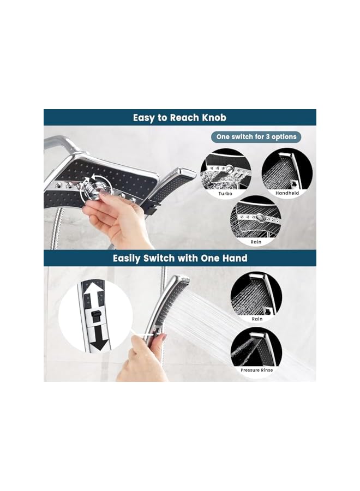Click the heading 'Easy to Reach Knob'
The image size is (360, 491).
(x=180, y=117)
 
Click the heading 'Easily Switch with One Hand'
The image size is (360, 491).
(x=180, y=258)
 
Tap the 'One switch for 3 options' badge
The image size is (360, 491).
(x=255, y=136)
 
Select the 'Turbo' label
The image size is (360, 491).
(x=225, y=194)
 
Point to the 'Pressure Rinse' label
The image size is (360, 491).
(x=256, y=370)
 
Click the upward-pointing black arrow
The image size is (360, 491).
(x=96, y=295)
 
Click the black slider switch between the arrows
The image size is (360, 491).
(x=96, y=316)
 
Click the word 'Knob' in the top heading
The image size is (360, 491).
(x=213, y=117)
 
